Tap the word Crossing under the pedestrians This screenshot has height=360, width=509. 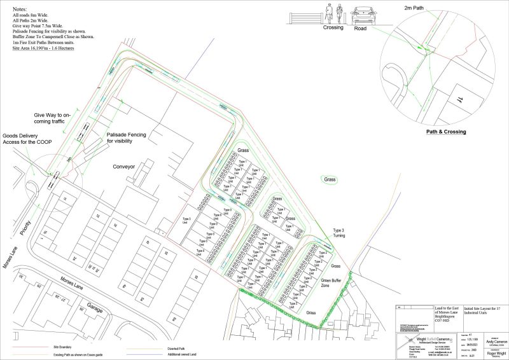[333, 27]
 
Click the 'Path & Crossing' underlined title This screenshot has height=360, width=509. [445, 132]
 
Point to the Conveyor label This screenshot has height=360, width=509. [125, 167]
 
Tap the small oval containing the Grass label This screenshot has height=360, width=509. [330, 180]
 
